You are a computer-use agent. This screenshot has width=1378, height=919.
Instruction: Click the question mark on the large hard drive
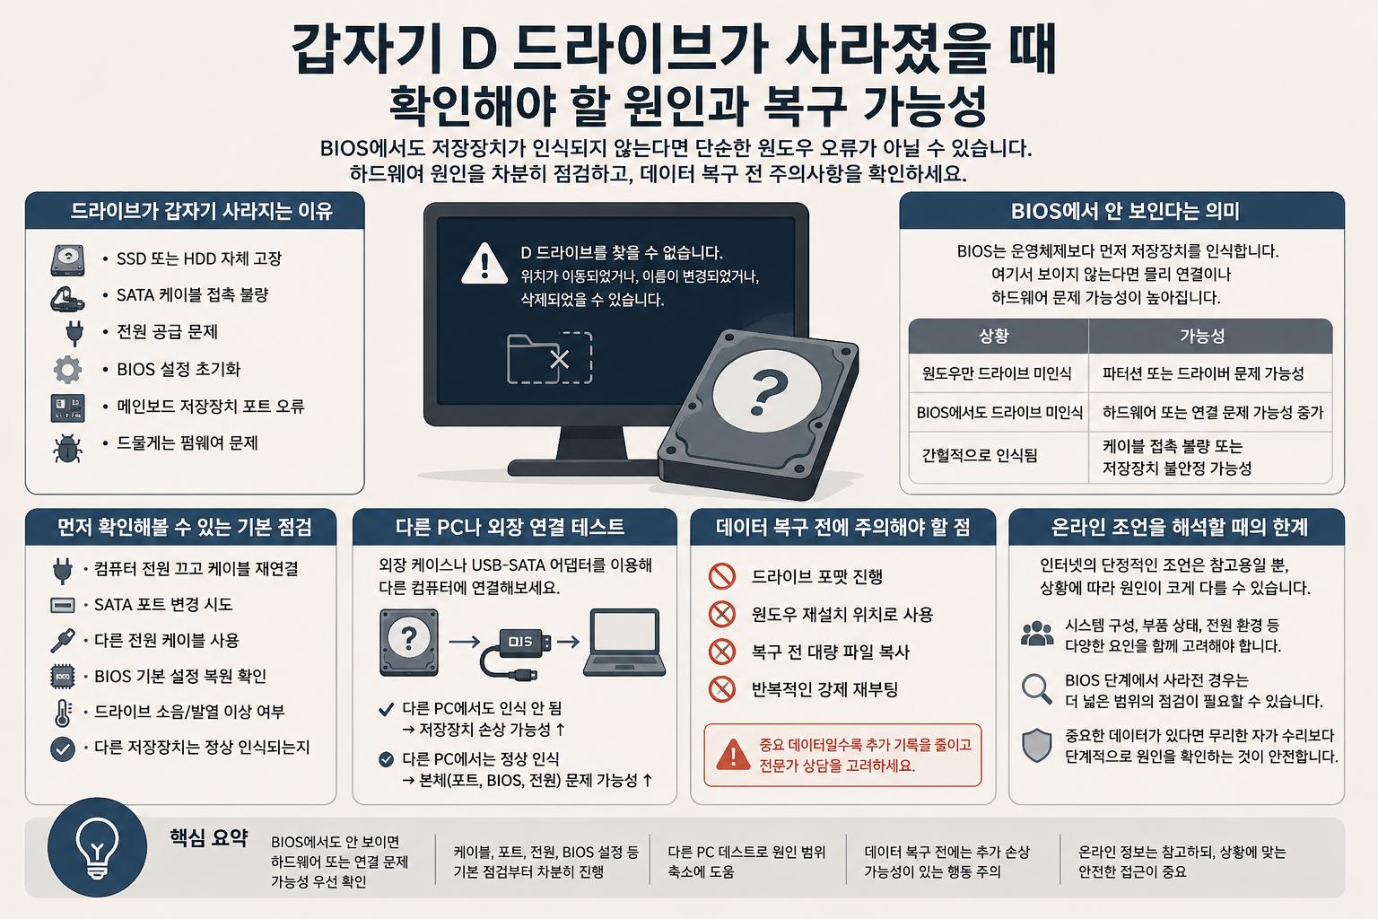coord(768,392)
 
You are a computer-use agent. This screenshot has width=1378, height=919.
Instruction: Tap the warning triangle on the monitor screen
coord(484,264)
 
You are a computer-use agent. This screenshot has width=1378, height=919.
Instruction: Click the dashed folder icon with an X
coord(549,357)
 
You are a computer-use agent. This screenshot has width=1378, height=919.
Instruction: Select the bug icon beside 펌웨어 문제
coord(67,448)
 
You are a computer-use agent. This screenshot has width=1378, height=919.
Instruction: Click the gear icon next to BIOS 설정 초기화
coord(67,370)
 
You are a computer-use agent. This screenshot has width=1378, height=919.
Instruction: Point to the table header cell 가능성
coord(1202,336)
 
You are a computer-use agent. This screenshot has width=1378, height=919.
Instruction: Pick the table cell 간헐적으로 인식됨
coord(980,456)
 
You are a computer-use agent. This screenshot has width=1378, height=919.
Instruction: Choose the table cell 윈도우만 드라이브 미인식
coord(997,373)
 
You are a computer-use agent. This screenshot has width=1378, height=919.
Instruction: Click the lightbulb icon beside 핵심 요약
coord(97,848)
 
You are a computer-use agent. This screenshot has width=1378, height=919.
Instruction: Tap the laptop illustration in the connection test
coord(624,642)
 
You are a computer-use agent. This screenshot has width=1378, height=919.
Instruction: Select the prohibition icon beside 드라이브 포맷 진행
coord(721,576)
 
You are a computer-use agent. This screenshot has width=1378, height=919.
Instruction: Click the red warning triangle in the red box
coord(733,755)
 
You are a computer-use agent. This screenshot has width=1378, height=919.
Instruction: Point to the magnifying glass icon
coord(1036,688)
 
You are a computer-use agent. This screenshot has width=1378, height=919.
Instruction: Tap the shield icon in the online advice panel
coord(1036,745)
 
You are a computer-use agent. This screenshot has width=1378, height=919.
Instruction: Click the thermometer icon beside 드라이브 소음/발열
coord(63,713)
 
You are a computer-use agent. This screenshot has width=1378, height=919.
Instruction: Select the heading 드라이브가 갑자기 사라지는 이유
coord(201,211)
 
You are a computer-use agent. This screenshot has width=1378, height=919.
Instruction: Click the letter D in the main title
coord(478,48)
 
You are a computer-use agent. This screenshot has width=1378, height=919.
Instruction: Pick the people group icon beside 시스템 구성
coord(1036,634)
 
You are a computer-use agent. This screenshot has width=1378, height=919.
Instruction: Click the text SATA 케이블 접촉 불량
coord(193,295)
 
